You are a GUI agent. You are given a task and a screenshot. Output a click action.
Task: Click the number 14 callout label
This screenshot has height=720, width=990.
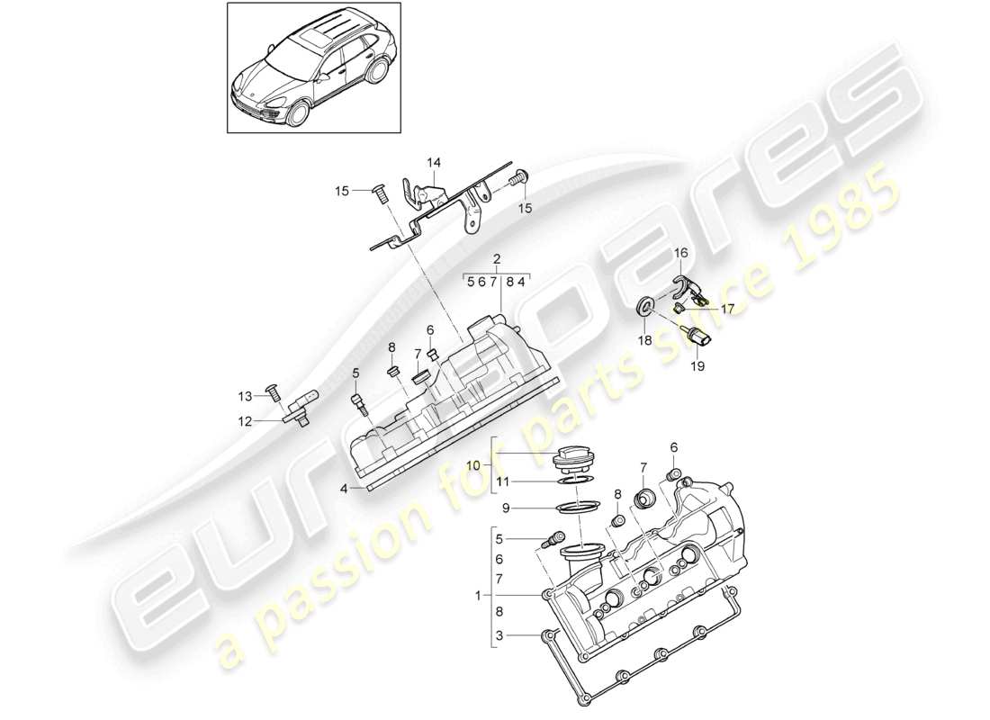435,163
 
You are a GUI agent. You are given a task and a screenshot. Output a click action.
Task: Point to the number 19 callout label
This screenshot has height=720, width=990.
697,366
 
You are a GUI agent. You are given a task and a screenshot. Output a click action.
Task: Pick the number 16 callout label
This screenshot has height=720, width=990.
680,254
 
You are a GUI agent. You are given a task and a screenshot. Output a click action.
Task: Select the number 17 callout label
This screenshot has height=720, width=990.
727,308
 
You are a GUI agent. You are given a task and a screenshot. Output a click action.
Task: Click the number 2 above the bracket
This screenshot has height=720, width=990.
497,258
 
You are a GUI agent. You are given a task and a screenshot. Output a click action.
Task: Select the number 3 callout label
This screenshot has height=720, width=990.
499,635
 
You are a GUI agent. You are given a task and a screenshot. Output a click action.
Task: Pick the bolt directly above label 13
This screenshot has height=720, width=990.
271,391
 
